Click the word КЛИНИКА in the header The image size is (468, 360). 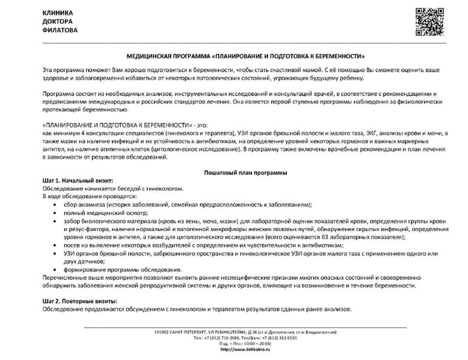[58, 13]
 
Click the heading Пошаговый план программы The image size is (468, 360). [245, 173]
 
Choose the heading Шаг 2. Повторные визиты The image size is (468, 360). [80, 302]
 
